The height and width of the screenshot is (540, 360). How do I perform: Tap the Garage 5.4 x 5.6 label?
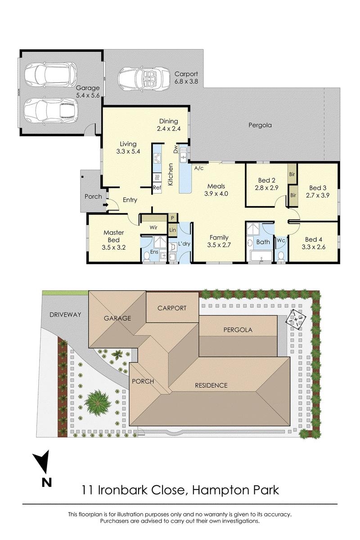(88, 92)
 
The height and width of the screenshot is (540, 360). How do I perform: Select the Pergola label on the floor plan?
(260, 125)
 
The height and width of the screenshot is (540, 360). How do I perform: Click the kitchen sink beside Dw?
(184, 154)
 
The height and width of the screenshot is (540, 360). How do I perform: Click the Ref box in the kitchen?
(157, 188)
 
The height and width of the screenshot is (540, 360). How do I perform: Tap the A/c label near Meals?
(199, 168)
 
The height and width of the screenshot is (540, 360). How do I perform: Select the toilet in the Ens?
(146, 256)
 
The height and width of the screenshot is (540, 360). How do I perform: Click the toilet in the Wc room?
(281, 256)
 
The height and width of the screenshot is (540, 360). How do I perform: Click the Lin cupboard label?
(172, 230)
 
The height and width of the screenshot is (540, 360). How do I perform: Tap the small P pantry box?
(173, 218)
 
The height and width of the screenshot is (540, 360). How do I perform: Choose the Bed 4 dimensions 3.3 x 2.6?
(313, 247)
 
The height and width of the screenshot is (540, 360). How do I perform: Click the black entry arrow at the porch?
(105, 205)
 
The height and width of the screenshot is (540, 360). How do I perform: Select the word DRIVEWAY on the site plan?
(65, 315)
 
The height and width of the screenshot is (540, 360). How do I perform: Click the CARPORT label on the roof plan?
(172, 308)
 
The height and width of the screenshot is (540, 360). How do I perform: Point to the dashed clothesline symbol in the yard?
(296, 319)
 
